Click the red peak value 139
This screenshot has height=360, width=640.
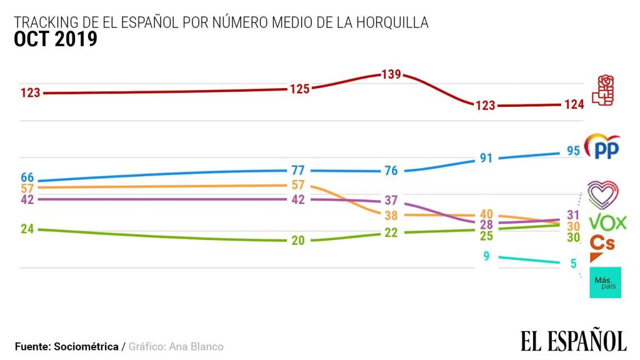(x=391, y=74)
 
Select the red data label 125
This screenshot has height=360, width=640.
(x=299, y=89)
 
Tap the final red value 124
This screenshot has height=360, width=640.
(x=573, y=104)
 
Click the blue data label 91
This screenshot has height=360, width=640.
(x=486, y=158)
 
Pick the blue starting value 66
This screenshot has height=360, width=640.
(x=27, y=178)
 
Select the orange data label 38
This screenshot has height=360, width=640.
(x=391, y=216)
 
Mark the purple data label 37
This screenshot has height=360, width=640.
(x=391, y=201)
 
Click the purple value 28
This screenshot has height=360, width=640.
(x=486, y=225)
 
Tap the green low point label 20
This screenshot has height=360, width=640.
(x=298, y=241)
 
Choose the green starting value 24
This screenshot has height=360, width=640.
(x=27, y=229)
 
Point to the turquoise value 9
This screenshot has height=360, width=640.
(x=486, y=256)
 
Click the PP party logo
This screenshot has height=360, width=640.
(x=602, y=147)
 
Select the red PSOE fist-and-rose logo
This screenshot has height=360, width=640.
(x=604, y=90)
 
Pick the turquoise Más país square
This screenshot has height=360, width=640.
(x=605, y=282)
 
